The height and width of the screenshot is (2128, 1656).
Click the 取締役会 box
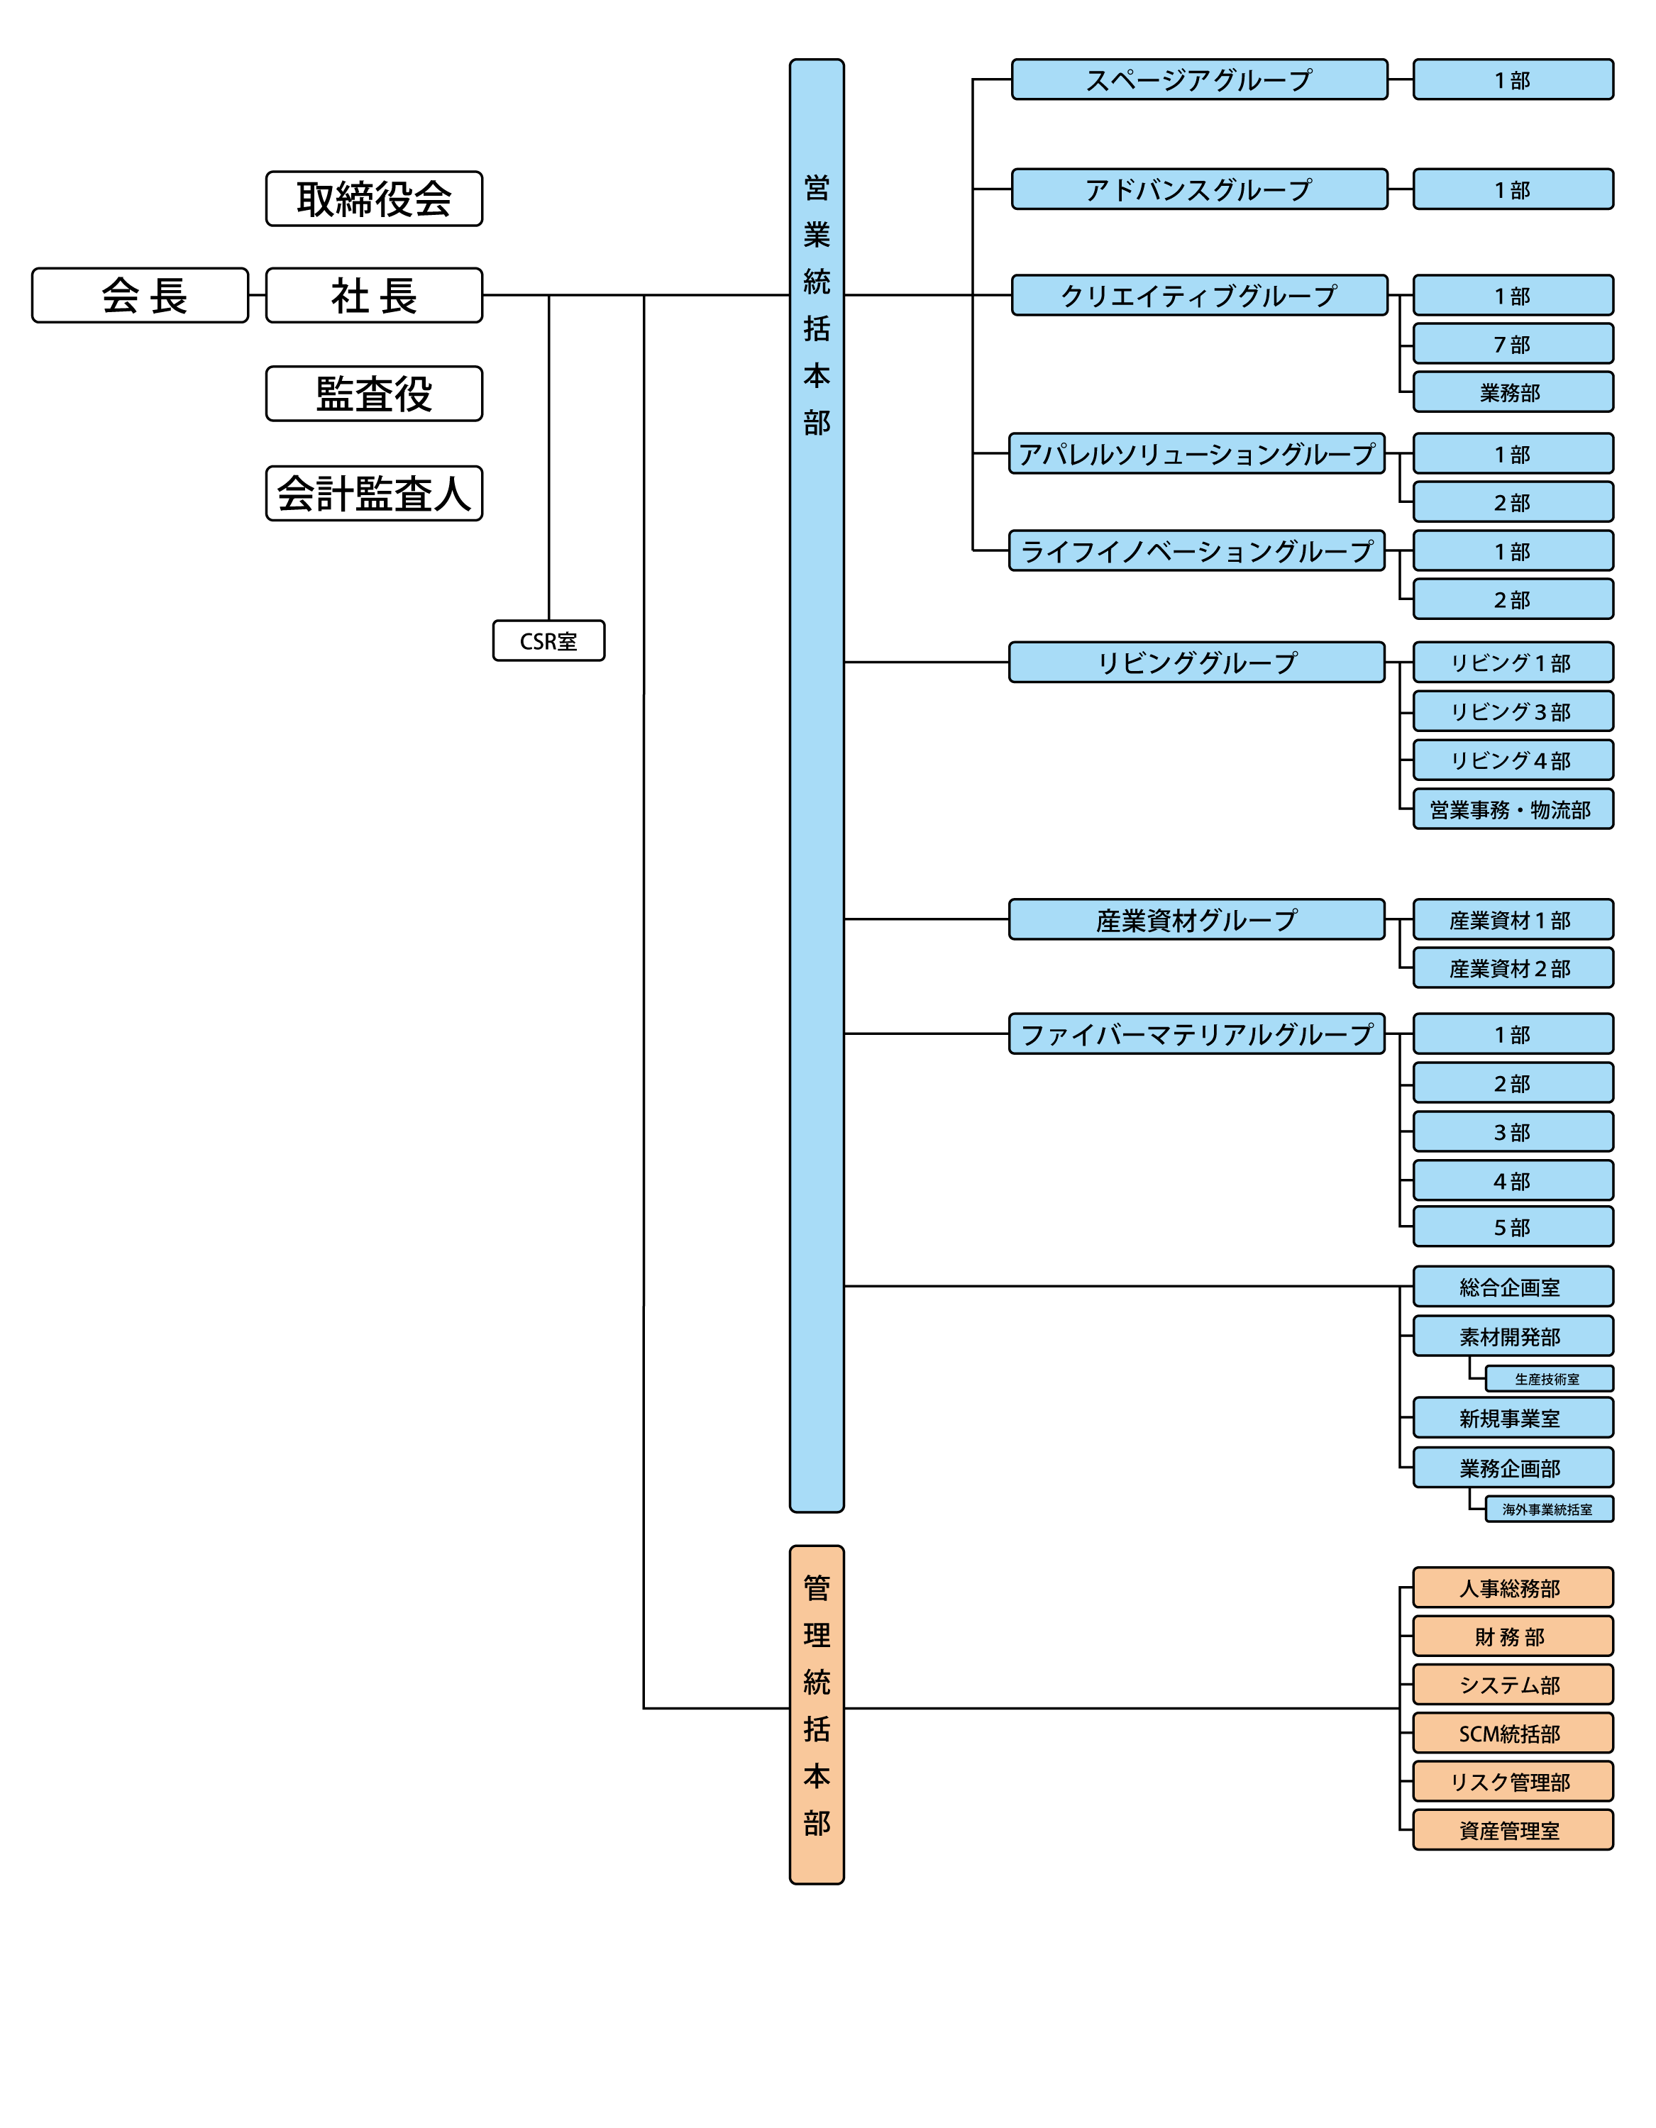click(x=375, y=199)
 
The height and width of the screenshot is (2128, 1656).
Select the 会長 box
click(x=140, y=295)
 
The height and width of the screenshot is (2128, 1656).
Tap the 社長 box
click(x=375, y=295)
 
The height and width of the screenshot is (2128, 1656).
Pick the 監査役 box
click(x=375, y=394)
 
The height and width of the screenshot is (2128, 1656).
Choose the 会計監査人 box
click(x=375, y=493)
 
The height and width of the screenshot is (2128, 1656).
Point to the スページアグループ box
click(x=1199, y=79)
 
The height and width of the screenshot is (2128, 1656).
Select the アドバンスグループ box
click(x=1199, y=189)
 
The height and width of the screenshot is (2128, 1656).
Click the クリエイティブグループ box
click(x=1199, y=295)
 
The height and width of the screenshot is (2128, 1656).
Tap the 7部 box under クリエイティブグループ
click(x=1513, y=344)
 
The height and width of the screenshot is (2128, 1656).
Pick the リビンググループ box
click(x=1197, y=663)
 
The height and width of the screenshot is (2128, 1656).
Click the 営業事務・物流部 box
click(x=1513, y=809)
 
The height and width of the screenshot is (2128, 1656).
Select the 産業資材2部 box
click(x=1513, y=968)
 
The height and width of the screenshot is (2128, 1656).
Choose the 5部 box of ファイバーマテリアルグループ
click(x=1513, y=1226)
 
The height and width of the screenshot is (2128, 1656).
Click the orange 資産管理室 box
click(x=1513, y=1830)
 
